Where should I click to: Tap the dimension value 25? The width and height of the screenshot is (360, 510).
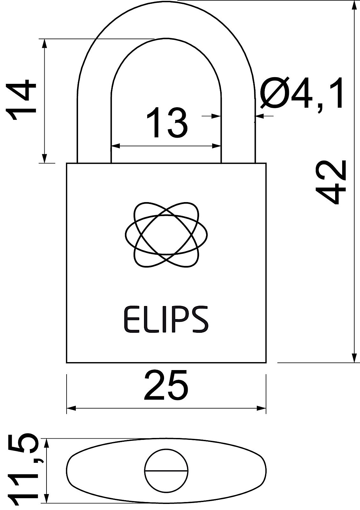166,385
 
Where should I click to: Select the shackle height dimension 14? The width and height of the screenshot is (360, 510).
22,100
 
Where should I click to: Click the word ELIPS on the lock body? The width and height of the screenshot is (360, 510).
166,320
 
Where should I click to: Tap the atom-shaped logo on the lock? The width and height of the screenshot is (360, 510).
166,234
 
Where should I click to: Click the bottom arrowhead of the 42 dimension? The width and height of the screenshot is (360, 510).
354,358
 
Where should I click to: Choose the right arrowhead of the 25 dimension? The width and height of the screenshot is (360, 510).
262,408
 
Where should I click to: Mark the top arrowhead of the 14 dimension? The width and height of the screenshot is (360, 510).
45,43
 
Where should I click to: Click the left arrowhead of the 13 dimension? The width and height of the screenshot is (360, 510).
115,146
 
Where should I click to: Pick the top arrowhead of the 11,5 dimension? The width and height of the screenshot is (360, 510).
47,443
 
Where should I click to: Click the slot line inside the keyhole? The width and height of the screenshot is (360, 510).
166,470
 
